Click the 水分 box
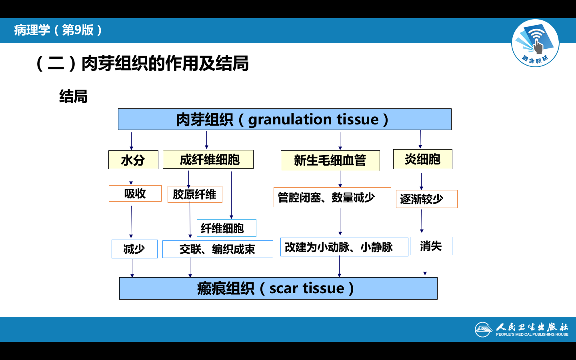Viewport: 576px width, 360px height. coord(133,160)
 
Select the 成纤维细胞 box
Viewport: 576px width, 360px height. coord(208,160)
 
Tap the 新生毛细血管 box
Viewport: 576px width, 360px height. coord(330,161)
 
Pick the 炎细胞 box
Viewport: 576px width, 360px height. coord(422,159)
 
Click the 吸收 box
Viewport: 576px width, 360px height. coord(135,194)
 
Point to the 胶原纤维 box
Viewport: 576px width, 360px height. coord(194,194)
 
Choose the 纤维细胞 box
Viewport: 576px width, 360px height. coord(226,228)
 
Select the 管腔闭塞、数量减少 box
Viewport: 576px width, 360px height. coord(332,197)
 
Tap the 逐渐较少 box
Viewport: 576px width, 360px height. coord(426,199)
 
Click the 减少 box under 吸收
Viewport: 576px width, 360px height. coord(134,249)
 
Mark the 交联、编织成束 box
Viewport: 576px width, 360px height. coord(218,249)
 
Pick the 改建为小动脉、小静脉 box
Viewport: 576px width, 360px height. coord(344,247)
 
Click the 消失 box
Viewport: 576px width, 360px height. coord(431,246)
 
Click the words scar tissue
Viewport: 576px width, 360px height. coord(306,288)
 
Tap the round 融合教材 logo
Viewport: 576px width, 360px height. coord(535,43)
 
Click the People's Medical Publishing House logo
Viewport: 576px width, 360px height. coord(522,329)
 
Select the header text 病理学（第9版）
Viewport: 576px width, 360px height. coord(58,30)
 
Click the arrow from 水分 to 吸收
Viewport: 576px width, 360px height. coord(131,178)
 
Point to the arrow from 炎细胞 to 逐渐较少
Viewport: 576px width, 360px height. coord(421,181)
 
